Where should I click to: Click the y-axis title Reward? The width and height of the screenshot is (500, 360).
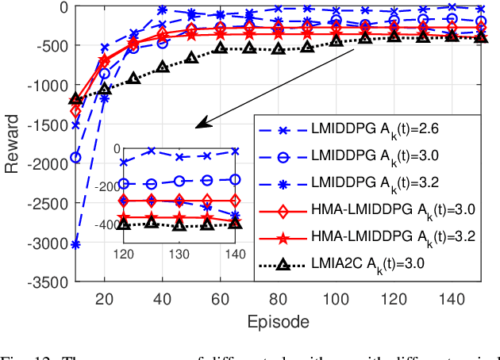13,144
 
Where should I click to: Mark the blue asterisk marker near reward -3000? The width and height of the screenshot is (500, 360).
75,245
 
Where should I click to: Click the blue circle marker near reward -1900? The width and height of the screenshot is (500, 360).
75,157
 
